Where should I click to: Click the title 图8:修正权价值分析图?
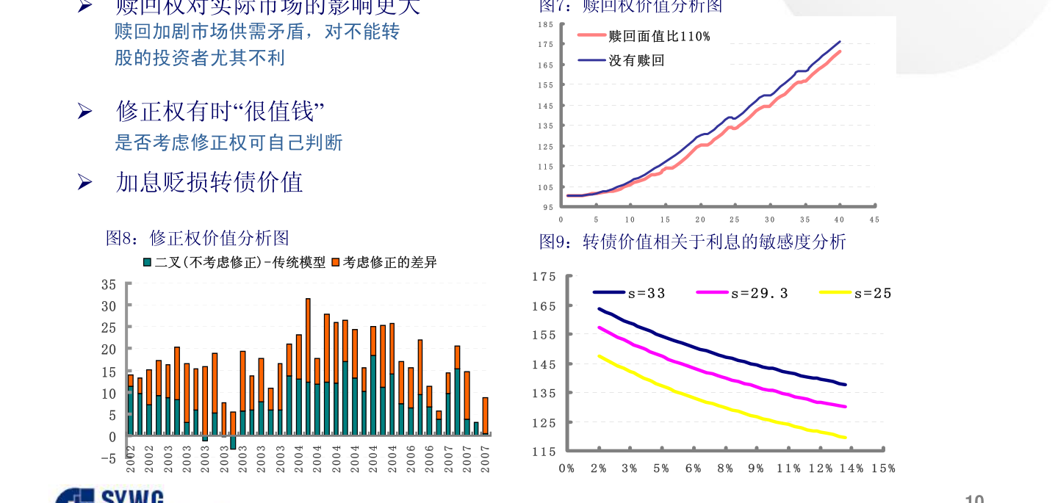point(198,238)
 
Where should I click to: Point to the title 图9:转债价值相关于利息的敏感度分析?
point(692,242)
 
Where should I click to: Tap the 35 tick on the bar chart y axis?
point(108,284)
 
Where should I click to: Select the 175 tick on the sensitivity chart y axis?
point(544,277)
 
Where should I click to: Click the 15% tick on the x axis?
point(883,468)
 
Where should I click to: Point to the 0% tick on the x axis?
point(566,468)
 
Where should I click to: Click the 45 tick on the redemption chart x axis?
point(874,220)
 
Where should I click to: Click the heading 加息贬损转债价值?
point(209,182)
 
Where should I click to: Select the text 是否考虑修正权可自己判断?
point(228,142)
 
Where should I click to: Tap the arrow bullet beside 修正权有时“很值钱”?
point(84,112)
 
